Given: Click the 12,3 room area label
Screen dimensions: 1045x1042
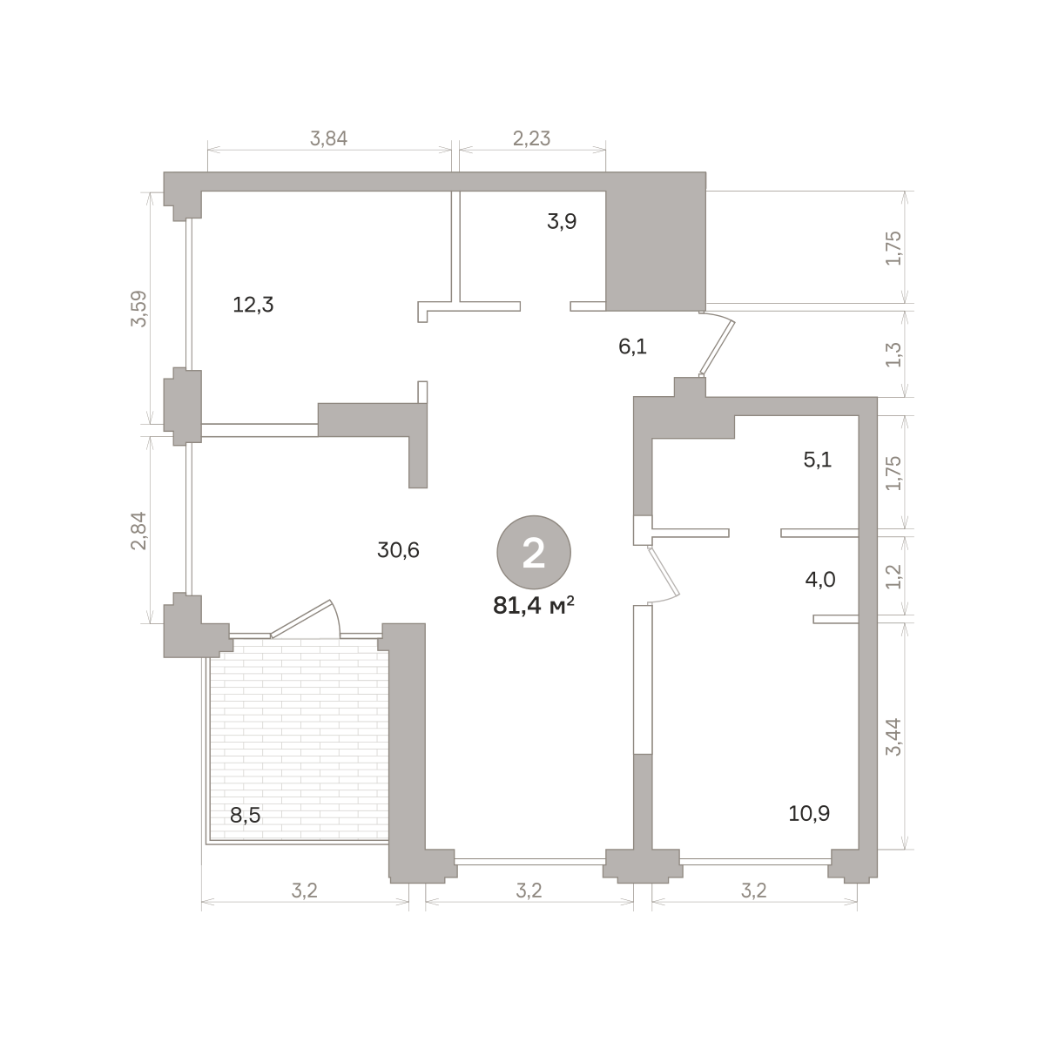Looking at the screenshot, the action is coord(253,305).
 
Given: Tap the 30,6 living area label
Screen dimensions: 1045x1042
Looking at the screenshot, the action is coord(398,550).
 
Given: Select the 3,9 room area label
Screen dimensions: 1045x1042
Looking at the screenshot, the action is coord(562,221).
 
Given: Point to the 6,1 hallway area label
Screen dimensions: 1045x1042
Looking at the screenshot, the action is coord(632,346).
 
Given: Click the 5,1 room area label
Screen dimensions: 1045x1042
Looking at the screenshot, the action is coord(817,460).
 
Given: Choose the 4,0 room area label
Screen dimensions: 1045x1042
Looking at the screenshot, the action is coord(820,580).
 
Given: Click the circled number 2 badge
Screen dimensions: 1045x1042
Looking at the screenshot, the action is coord(534,552).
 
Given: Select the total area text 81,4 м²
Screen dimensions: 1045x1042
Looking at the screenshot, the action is coord(534,606).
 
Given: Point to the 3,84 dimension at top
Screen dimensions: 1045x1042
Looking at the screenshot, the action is coord(328,138).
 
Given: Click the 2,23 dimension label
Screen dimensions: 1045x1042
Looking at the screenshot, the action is coord(531,138).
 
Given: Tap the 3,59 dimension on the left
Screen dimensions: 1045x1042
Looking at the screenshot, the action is coord(139,308).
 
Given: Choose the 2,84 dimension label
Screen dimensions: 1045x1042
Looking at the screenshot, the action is coord(139,531).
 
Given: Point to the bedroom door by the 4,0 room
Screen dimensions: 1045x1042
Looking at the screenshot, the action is coord(664,573).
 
